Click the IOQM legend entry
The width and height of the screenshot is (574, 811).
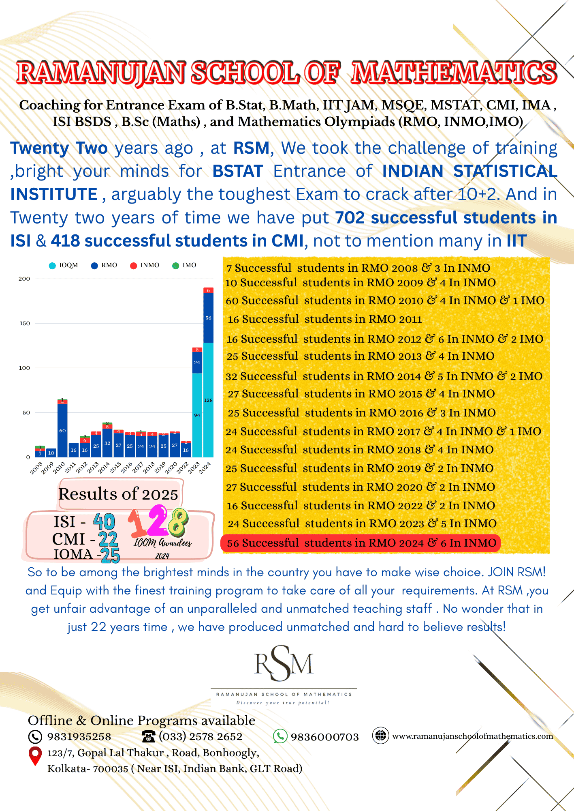[x=64, y=265]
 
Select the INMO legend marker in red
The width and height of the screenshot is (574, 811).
[x=133, y=266]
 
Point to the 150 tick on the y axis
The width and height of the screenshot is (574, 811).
[x=25, y=324]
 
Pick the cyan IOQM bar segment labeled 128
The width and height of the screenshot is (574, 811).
[x=208, y=400]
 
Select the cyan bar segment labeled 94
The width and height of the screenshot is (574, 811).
[x=197, y=415]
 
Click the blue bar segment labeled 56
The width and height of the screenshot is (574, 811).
[x=208, y=318]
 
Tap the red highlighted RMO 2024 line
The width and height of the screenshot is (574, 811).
[x=361, y=543]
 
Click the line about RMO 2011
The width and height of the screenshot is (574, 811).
[x=324, y=319]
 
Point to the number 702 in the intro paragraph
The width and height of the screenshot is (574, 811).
[x=350, y=218]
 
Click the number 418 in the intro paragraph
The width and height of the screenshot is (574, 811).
[x=65, y=241]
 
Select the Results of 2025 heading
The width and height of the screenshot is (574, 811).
[x=118, y=494]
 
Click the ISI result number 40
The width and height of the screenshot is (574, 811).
[x=104, y=521]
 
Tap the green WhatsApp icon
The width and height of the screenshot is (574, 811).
[x=280, y=736]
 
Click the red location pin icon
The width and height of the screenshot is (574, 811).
[x=35, y=755]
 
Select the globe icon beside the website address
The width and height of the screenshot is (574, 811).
[x=380, y=736]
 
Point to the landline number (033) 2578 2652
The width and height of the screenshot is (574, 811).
[x=201, y=736]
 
